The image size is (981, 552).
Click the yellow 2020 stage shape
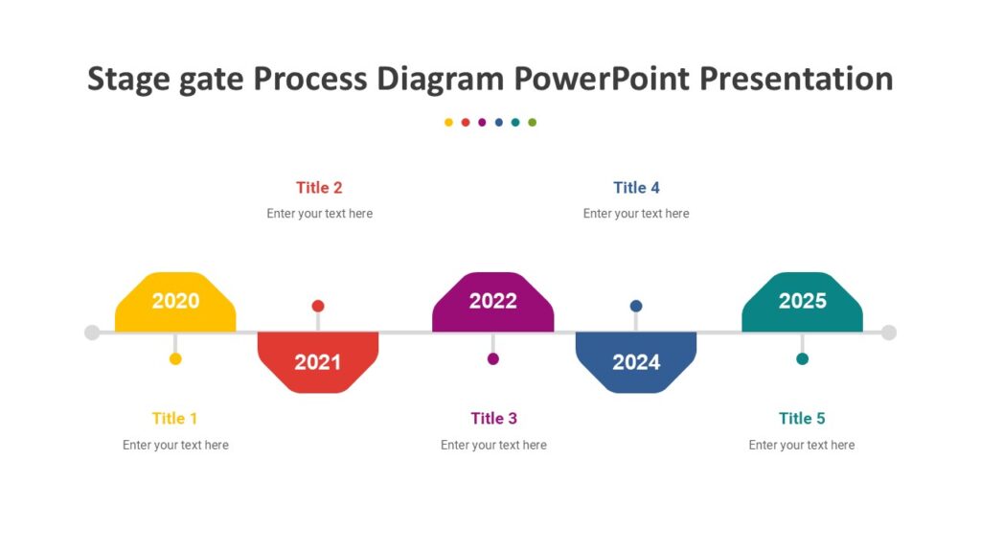click(x=175, y=302)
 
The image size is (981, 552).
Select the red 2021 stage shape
click(x=318, y=361)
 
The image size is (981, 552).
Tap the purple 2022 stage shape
click(x=492, y=302)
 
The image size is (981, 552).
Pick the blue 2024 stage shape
click(x=636, y=361)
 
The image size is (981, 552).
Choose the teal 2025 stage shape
click(x=802, y=302)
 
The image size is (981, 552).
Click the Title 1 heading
click(x=174, y=418)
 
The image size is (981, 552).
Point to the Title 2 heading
click(x=319, y=188)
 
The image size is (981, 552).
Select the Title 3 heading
click(x=493, y=418)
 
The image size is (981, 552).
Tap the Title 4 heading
click(x=636, y=188)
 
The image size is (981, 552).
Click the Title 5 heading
click(x=802, y=418)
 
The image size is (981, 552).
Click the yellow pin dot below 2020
click(x=175, y=358)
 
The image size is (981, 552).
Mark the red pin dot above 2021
click(x=318, y=306)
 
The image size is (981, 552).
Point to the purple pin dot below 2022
click(x=493, y=358)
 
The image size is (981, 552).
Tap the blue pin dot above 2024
click(x=636, y=306)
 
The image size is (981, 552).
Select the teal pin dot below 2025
click(x=802, y=358)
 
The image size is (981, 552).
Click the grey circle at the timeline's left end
click(x=92, y=333)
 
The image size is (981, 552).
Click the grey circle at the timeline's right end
click(x=889, y=333)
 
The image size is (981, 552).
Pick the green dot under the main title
click(x=533, y=123)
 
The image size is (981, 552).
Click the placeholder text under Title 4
click(x=636, y=214)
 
